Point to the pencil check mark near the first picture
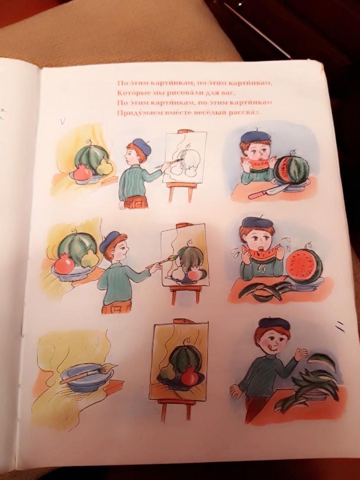62,122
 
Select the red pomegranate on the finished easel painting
190,378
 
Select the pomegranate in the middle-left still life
64,265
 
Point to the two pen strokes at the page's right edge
340,327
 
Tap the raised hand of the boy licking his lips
301,355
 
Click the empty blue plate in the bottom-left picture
87,379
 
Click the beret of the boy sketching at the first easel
142,146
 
